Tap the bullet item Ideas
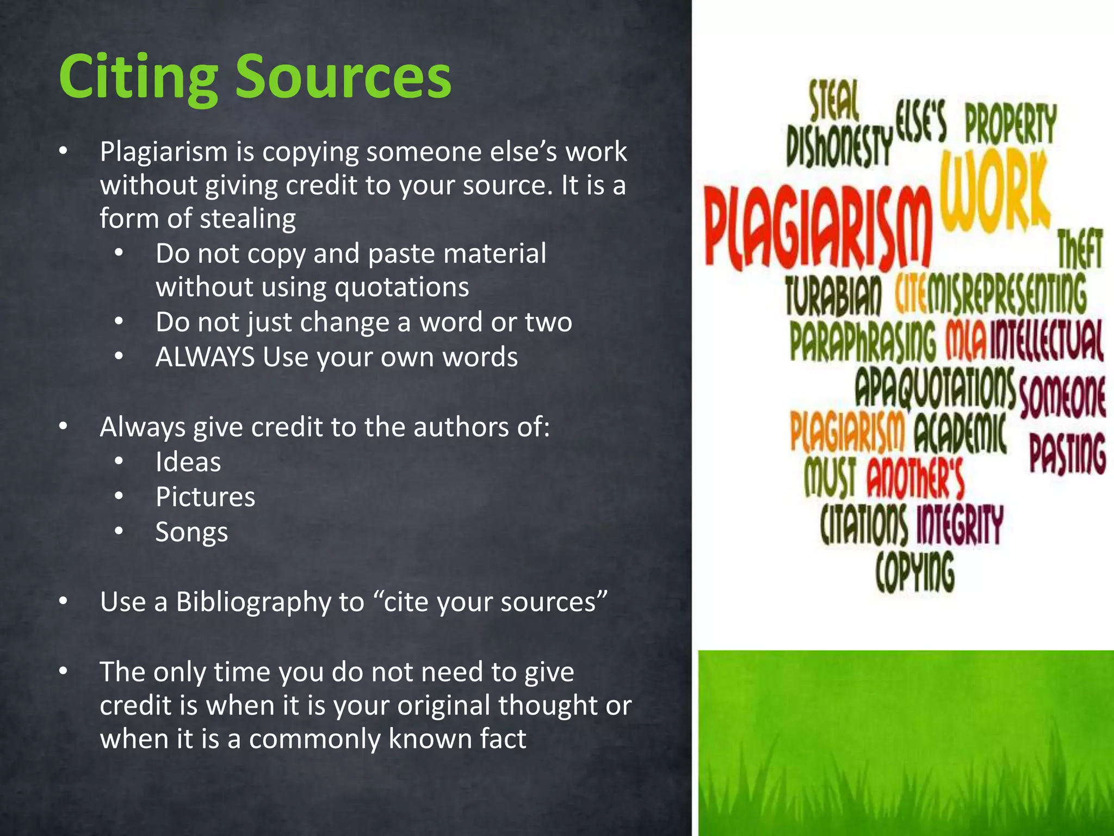coord(188,462)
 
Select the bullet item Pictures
coord(205,497)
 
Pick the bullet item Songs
coord(191,532)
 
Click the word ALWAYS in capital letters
coord(205,358)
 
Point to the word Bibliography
coord(253,603)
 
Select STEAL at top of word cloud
coord(833,101)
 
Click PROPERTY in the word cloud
coord(1011,125)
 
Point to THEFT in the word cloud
coord(1080,250)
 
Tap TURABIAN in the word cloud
coord(833,296)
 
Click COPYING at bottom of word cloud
coord(915,571)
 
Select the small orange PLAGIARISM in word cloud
coord(847,433)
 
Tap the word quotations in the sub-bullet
coord(401,287)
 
